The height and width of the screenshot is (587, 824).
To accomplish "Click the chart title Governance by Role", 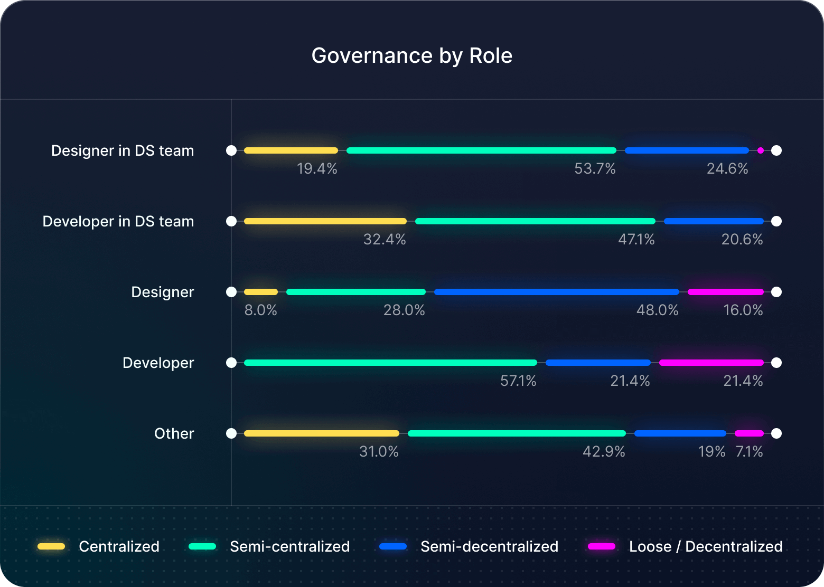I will coord(411,56).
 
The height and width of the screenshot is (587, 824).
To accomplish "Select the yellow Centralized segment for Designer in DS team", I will coord(291,150).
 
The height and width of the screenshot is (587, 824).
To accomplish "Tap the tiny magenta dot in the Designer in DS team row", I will coord(760,150).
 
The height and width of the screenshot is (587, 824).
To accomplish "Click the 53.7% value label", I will coord(595,169).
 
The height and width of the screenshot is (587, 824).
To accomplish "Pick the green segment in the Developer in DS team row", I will coord(535,221).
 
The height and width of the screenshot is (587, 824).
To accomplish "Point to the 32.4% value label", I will coord(385,240).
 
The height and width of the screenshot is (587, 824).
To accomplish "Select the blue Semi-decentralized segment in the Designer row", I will coord(556,292).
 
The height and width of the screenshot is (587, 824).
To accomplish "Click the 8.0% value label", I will coord(260,310).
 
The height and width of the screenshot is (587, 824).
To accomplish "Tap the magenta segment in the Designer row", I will coord(725,292).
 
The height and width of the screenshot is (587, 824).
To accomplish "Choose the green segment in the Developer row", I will coord(390,363).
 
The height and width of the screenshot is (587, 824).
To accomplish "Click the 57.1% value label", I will coord(518,381).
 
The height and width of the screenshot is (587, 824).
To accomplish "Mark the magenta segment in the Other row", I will coord(749,433).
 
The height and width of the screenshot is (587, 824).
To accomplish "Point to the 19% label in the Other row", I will coord(711,452).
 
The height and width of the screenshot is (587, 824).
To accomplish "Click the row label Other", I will coord(174,434).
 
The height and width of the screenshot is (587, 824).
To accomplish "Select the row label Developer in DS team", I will coord(118,222).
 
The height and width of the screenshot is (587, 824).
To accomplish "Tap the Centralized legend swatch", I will coord(51,546).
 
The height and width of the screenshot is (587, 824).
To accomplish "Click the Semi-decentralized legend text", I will coord(489,546).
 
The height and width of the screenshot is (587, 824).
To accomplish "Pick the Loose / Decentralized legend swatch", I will coord(602,546).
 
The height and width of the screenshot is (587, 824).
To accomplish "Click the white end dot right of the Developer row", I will coord(776,363).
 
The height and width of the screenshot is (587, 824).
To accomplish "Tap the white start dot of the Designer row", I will coord(231,292).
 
